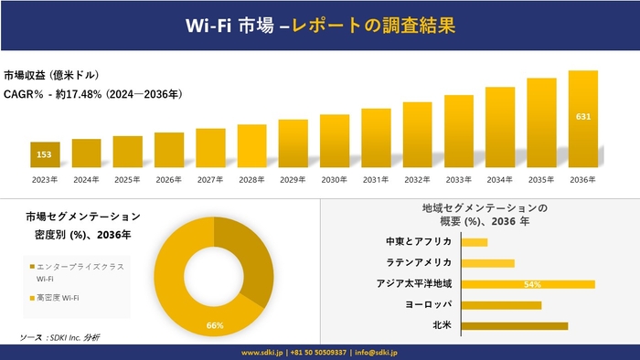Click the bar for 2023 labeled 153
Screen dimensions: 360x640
45,155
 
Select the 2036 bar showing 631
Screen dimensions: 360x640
582,119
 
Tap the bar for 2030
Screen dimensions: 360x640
335,142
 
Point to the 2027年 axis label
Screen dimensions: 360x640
210,180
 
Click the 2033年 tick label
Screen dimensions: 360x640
459,180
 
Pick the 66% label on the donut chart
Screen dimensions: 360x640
216,324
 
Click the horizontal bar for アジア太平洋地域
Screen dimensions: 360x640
528,284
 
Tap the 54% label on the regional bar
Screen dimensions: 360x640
533,284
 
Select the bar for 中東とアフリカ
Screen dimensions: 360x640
475,242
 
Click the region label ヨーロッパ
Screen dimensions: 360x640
429,304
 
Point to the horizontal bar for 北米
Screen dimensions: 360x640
514,325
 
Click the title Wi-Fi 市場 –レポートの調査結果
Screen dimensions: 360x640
319,26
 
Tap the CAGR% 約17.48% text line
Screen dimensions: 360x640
92,93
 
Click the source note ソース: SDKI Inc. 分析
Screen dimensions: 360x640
60,338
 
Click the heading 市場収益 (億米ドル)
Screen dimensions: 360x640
51,75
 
